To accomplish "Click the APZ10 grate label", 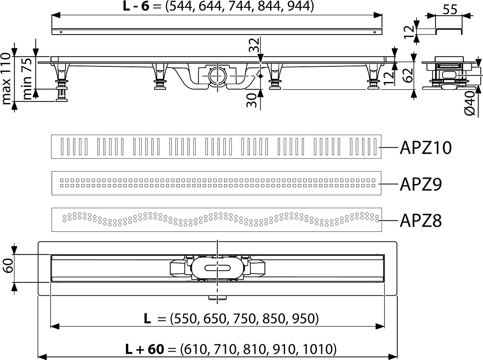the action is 425,148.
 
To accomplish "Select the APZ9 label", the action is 421,184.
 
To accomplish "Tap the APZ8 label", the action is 421,221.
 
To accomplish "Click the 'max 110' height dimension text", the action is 6,79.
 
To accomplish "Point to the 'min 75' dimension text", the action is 27,79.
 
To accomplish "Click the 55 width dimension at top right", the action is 450,10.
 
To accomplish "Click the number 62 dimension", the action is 408,76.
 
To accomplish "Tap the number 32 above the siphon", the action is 254,45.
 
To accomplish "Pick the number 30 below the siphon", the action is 252,100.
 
